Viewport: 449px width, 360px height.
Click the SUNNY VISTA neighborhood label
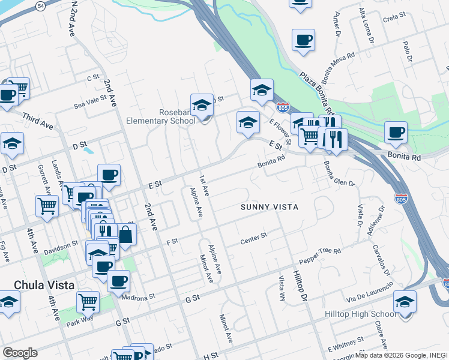tap(270, 207)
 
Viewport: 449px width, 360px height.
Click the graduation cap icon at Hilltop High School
tap(405, 302)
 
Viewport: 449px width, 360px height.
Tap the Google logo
tap(19, 353)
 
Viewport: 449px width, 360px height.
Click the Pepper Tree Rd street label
tap(320, 257)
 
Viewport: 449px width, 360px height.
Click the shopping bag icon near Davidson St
tap(125, 235)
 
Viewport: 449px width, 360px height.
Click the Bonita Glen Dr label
tap(339, 174)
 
